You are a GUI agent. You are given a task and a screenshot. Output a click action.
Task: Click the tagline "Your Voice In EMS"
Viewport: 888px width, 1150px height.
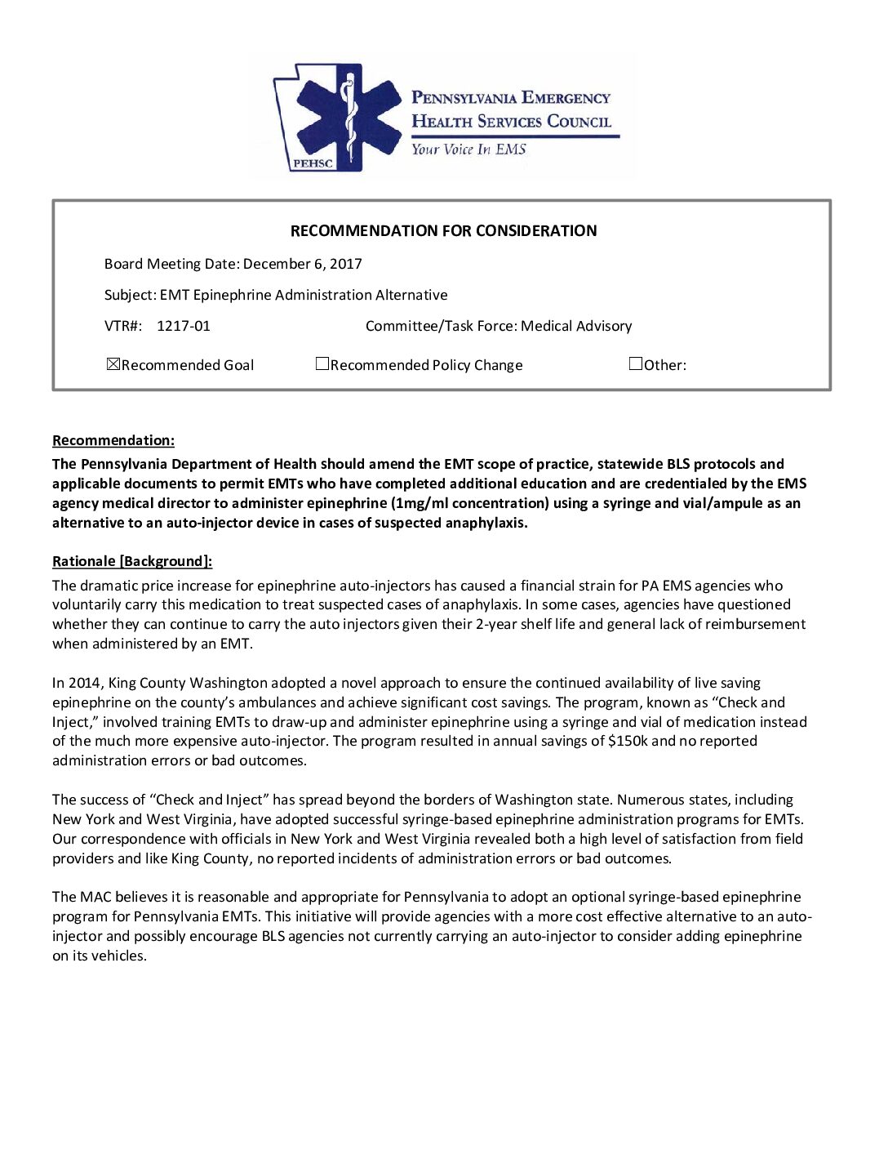pyautogui.click(x=468, y=149)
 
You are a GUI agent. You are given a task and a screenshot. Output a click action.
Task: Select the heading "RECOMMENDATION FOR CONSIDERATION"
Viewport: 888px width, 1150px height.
pyautogui.click(x=443, y=231)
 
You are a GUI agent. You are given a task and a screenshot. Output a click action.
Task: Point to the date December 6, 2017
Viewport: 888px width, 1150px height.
pyautogui.click(x=302, y=264)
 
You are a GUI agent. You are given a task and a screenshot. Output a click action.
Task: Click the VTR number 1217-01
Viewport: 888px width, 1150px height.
pyautogui.click(x=183, y=326)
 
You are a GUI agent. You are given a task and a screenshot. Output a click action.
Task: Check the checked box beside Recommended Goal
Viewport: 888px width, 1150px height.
pyautogui.click(x=113, y=364)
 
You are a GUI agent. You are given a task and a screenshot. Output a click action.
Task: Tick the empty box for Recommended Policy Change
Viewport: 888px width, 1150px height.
pyautogui.click(x=322, y=364)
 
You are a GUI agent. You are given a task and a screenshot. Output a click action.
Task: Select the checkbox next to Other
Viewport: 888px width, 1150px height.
pyautogui.click(x=636, y=364)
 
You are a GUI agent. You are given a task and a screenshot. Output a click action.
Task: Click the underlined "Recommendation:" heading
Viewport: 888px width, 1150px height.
pyautogui.click(x=113, y=441)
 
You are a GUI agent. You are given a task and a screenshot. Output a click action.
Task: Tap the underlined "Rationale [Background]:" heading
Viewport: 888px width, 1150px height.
pyautogui.click(x=132, y=561)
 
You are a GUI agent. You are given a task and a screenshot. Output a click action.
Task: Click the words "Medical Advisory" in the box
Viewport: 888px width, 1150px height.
pyautogui.click(x=576, y=326)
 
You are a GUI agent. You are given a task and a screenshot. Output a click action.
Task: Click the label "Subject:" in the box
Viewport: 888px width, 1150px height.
pyautogui.click(x=130, y=295)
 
